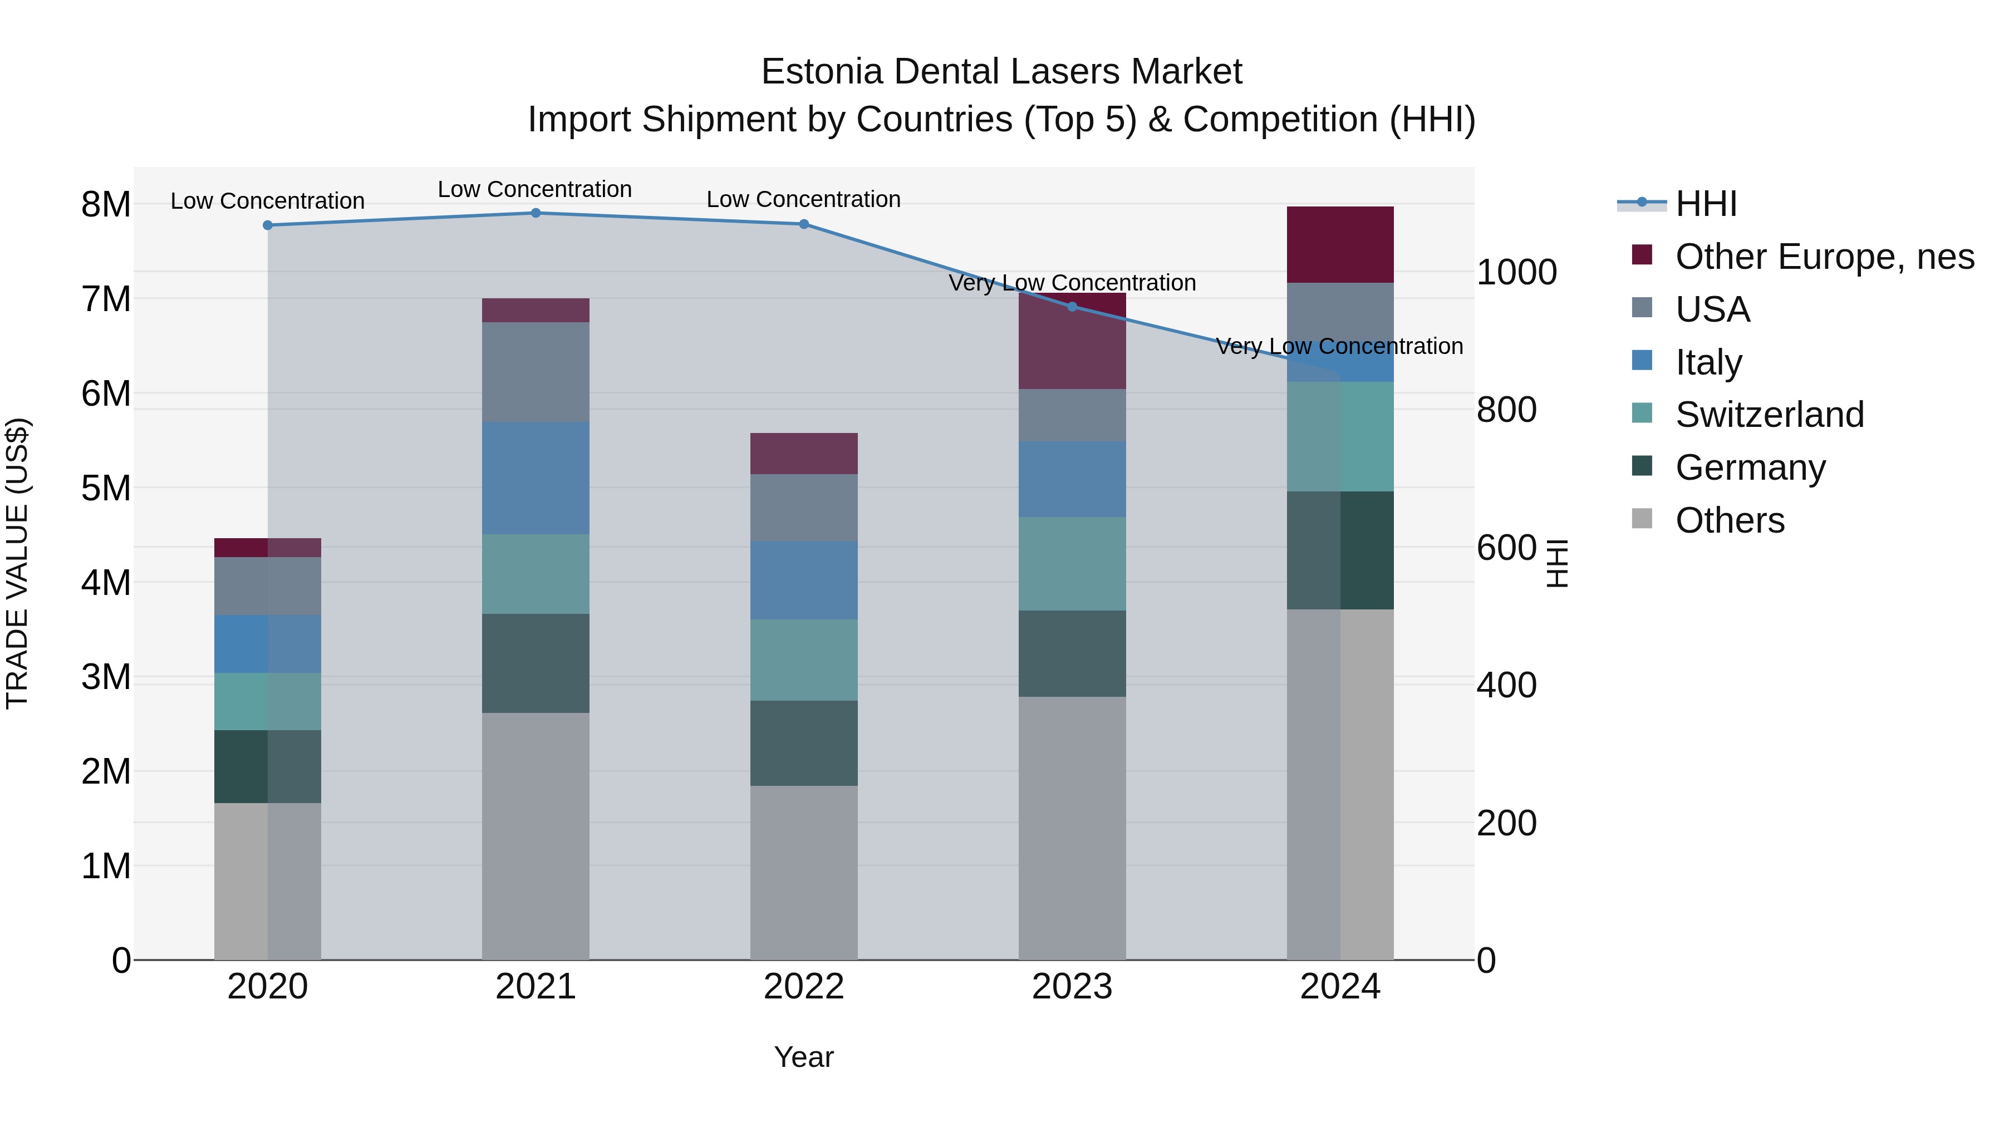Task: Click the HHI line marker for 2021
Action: point(535,213)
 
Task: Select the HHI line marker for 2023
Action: point(1072,307)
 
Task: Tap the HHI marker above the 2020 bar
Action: point(268,225)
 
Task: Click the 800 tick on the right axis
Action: point(1506,410)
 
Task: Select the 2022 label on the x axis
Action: point(804,987)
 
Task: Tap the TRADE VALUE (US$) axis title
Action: point(17,563)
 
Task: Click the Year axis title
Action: point(804,1057)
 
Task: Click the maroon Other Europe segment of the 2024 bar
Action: point(1340,244)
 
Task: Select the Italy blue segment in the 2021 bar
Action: point(535,478)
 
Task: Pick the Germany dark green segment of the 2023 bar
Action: point(1072,653)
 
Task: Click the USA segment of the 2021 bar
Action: point(535,372)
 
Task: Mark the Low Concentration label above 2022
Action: point(804,199)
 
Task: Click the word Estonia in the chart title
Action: point(822,72)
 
